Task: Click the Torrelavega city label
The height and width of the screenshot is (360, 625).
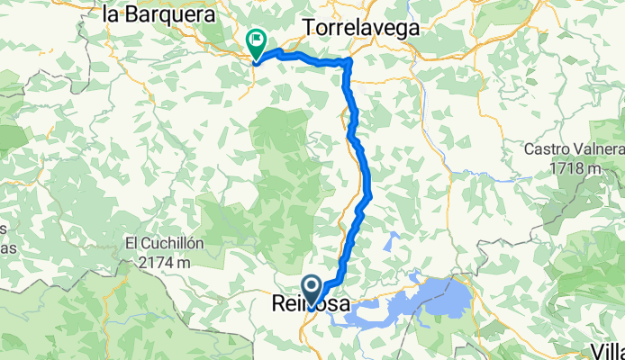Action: (363, 27)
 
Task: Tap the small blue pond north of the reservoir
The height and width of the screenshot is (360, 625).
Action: (392, 241)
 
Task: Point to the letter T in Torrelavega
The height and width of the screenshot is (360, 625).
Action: (310, 27)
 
